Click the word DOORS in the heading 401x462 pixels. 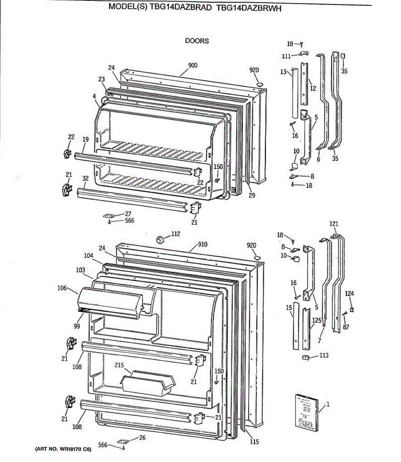tap(197, 41)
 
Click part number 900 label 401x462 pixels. tap(193, 65)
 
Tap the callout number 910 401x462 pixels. tap(203, 244)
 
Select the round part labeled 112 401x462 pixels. tap(162, 239)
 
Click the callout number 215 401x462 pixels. tap(119, 365)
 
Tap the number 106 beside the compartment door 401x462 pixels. tap(62, 288)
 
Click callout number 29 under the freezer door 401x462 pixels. tap(252, 195)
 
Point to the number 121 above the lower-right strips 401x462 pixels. tap(334, 224)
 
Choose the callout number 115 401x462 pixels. tap(254, 442)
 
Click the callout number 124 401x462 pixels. tap(349, 294)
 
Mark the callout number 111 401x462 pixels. tap(286, 56)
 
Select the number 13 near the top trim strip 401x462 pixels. tap(284, 72)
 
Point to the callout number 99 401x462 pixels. tap(77, 326)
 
